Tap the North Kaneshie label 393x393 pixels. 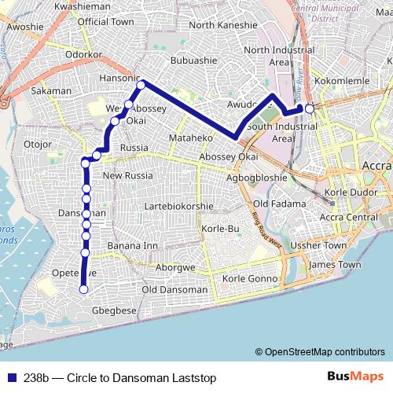click(224, 25)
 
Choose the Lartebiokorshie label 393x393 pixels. click(180, 207)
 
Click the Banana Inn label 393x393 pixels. click(132, 246)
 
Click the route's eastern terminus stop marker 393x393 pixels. click(310, 108)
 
